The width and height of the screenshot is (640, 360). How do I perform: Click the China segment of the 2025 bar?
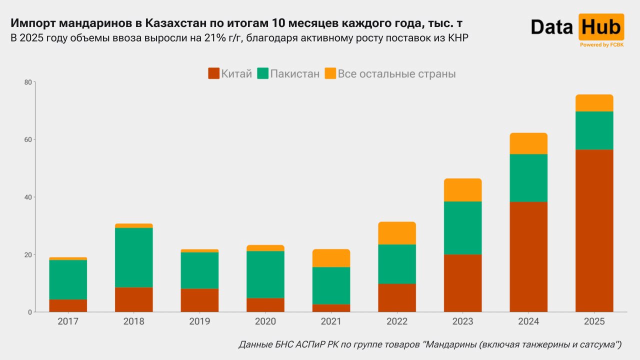pyautogui.click(x=594, y=230)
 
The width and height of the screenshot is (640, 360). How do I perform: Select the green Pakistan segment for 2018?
pyautogui.click(x=133, y=257)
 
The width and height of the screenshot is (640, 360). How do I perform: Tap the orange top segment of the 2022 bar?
pyautogui.click(x=397, y=233)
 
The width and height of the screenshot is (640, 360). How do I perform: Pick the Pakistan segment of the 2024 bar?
pyautogui.click(x=528, y=178)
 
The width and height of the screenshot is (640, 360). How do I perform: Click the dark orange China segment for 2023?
pyautogui.click(x=462, y=283)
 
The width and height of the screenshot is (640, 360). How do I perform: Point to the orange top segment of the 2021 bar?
pyautogui.click(x=331, y=258)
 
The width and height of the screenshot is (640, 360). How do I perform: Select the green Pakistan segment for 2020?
pyautogui.click(x=265, y=274)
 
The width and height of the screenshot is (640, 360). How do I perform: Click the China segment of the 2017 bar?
pyautogui.click(x=68, y=305)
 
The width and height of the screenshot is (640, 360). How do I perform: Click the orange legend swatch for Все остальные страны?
pyautogui.click(x=330, y=73)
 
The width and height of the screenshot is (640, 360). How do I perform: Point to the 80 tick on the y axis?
pyautogui.click(x=28, y=82)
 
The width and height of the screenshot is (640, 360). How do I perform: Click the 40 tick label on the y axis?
pyautogui.click(x=28, y=197)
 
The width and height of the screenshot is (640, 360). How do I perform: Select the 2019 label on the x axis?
pyautogui.click(x=199, y=321)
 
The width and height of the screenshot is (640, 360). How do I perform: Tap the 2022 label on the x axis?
pyautogui.click(x=397, y=321)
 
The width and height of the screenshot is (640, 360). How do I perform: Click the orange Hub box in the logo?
pyautogui.click(x=601, y=27)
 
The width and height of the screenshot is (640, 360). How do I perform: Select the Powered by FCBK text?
pyautogui.click(x=601, y=45)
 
